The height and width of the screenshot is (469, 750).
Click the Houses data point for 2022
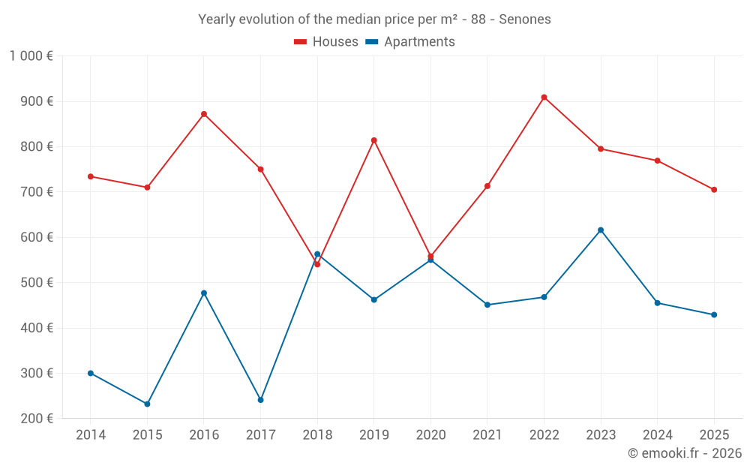click(544, 98)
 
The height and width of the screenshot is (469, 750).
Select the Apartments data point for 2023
click(601, 230)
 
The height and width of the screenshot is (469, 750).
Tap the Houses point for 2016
click(204, 114)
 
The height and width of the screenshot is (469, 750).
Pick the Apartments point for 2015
click(147, 404)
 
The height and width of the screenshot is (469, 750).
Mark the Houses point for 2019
click(374, 140)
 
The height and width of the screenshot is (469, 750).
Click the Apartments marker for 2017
click(261, 400)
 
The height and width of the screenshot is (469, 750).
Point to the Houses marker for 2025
click(714, 190)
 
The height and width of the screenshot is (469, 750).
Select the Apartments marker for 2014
click(91, 373)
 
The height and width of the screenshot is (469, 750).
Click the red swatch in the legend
click(301, 42)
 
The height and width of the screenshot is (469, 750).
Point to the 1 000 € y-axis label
click(31, 56)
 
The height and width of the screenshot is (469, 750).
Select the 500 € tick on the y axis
click(38, 283)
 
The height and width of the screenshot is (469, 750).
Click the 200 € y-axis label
click(38, 419)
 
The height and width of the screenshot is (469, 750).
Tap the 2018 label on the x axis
click(317, 435)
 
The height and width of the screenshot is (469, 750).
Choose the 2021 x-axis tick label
click(487, 435)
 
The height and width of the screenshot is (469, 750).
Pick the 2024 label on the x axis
click(658, 435)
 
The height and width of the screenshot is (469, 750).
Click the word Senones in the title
click(526, 20)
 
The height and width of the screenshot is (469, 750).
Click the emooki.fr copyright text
click(685, 453)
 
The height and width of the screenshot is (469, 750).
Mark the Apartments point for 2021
click(487, 305)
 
